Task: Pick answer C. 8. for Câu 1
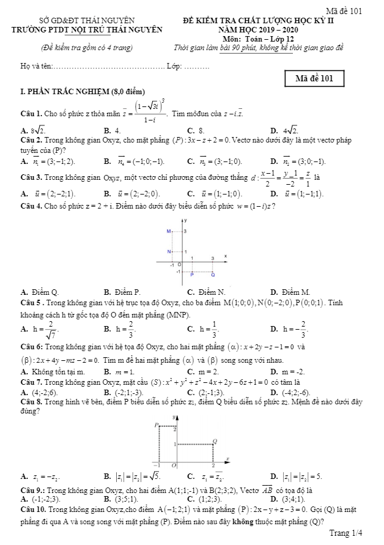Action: tap(196, 130)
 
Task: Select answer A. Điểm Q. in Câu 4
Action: tap(40, 292)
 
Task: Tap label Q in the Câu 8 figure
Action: tap(215, 440)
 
